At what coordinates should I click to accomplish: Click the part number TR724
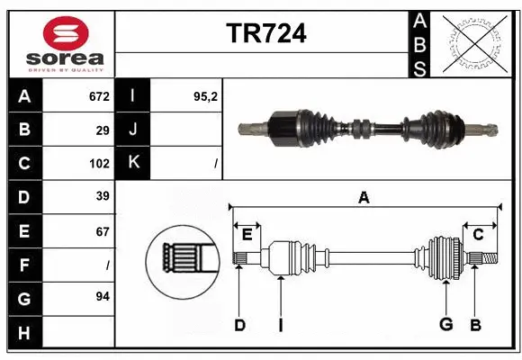(266, 34)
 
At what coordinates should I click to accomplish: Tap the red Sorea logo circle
(66, 34)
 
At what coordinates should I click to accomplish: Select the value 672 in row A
(98, 96)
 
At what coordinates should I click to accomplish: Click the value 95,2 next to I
(206, 96)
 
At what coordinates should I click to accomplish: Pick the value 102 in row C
(98, 164)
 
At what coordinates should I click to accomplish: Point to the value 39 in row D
(102, 196)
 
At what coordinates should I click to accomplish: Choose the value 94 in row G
(102, 295)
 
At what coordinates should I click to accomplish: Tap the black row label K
(133, 163)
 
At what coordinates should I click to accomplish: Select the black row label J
(133, 130)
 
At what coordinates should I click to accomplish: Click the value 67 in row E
(102, 231)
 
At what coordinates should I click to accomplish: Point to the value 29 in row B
(102, 130)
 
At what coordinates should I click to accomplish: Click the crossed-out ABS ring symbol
(475, 43)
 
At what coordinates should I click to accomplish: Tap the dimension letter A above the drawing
(364, 198)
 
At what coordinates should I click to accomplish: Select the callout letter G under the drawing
(445, 325)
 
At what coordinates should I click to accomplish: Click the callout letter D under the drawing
(239, 325)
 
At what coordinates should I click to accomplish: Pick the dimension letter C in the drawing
(479, 234)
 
